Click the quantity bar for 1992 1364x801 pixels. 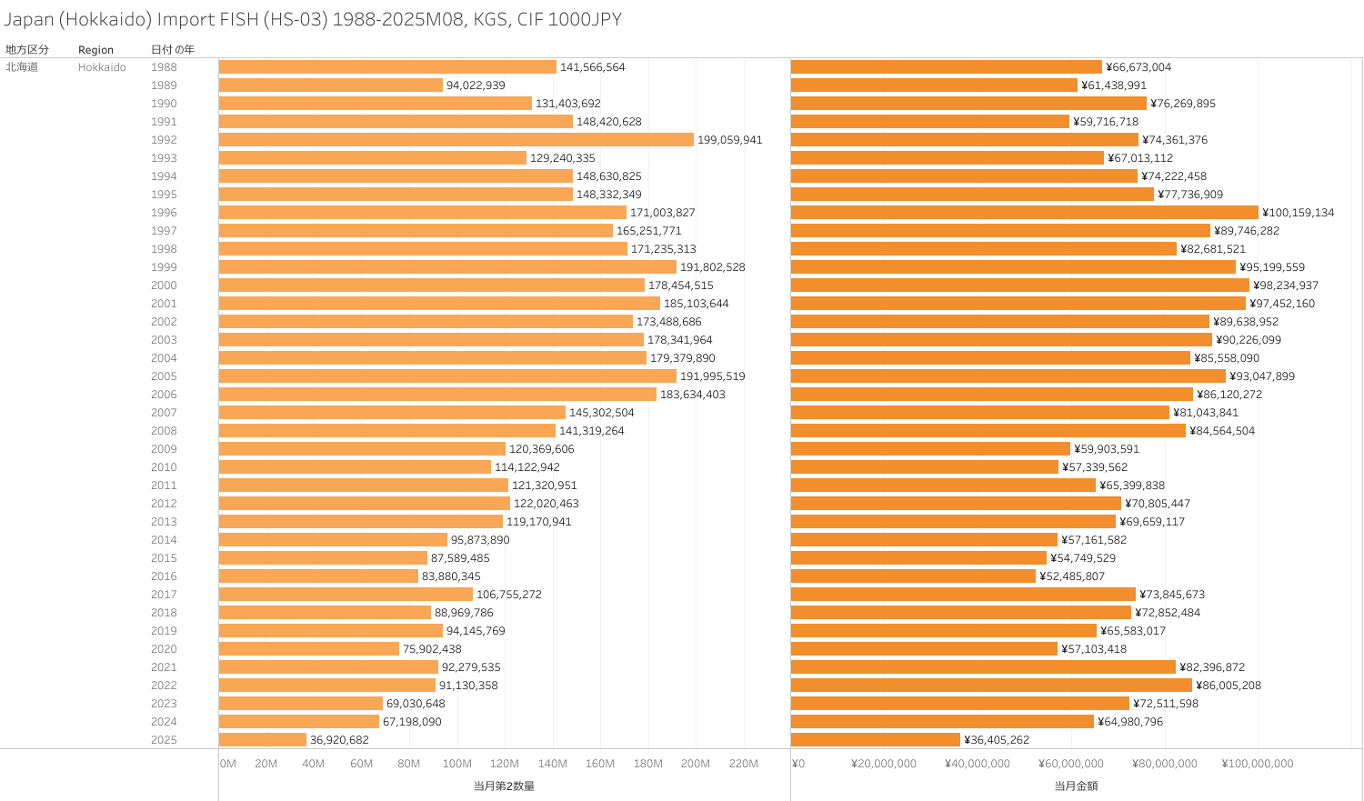456,140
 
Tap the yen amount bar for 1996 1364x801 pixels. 1024,213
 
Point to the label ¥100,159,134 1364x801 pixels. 1298,213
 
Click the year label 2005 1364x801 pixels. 164,376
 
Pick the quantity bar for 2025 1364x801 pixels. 263,740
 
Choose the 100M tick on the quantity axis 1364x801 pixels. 456,764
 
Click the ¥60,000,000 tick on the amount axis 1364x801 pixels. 1071,764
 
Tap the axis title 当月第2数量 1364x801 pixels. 504,786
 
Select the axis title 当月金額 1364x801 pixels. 1076,786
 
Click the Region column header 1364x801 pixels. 95,50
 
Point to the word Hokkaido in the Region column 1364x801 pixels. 102,67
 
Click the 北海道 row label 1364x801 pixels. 22,67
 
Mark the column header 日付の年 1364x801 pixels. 172,50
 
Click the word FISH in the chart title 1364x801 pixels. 234,19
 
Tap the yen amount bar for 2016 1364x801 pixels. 913,576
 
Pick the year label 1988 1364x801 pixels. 164,67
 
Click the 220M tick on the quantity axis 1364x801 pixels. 743,764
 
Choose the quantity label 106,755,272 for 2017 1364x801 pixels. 508,595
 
